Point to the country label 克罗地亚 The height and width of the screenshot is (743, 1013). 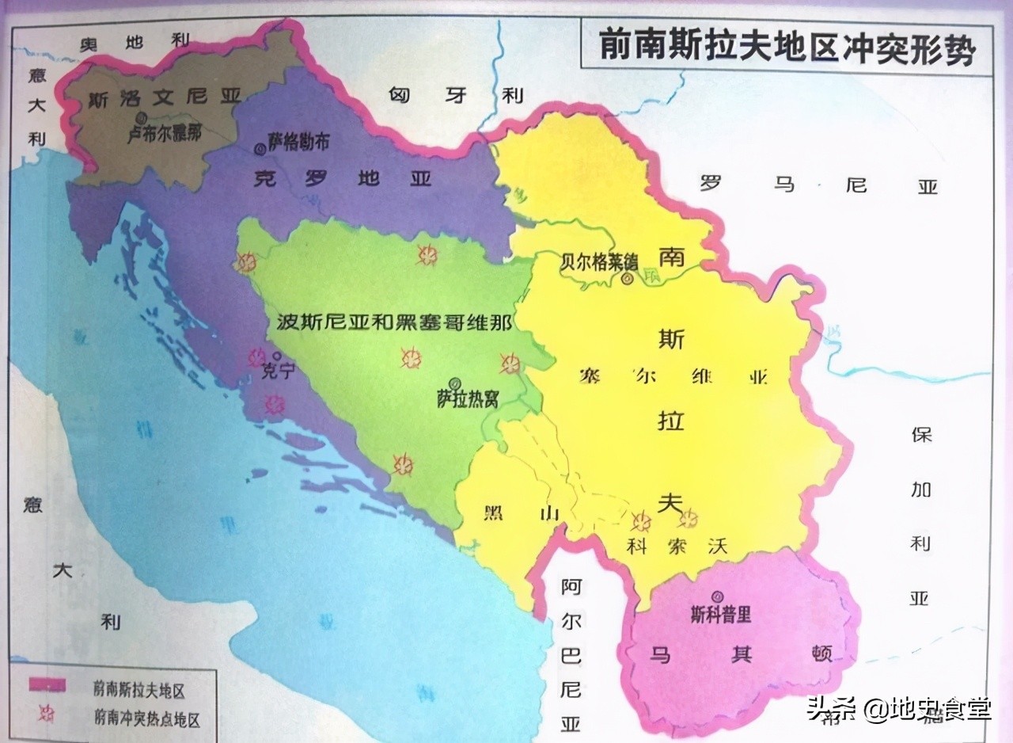click(342, 179)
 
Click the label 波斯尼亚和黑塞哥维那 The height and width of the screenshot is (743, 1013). click(394, 322)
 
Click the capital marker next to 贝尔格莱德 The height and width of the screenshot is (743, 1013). click(628, 278)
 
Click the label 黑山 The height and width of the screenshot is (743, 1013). click(520, 512)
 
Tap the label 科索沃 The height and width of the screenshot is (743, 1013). click(675, 546)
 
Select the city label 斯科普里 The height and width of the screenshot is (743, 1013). click(720, 614)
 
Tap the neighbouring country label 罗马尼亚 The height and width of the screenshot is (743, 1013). click(818, 185)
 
